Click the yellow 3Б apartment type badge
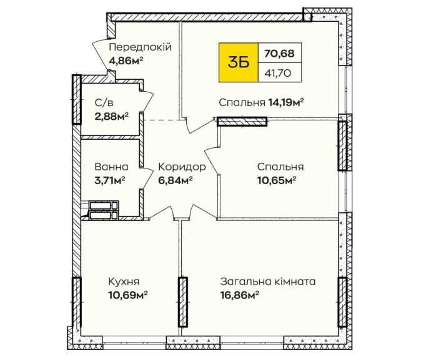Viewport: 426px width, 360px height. [x=238, y=62]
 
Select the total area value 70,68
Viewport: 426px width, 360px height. [x=279, y=54]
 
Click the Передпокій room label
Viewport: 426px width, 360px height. [x=140, y=47]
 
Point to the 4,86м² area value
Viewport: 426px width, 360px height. [x=126, y=61]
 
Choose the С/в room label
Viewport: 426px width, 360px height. [x=104, y=103]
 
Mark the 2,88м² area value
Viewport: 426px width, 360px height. [x=112, y=116]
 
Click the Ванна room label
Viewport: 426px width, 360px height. [x=111, y=167]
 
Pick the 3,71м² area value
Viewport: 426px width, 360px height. [x=110, y=180]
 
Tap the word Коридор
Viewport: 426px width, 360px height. [x=182, y=167]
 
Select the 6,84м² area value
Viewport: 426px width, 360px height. [x=176, y=180]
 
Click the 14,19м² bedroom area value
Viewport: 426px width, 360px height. [x=286, y=102]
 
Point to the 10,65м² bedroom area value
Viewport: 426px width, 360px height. [x=276, y=180]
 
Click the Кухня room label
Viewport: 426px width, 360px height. [x=124, y=281]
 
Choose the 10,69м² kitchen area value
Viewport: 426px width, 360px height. [x=128, y=295]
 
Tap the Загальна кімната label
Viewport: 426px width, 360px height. [x=268, y=281]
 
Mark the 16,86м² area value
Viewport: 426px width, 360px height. [x=239, y=295]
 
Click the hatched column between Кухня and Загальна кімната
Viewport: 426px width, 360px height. [x=183, y=302]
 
